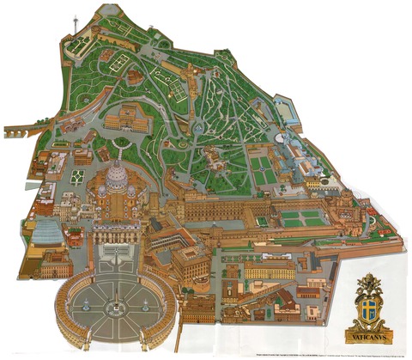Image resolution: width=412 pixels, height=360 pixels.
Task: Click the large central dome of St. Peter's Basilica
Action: point(116,180)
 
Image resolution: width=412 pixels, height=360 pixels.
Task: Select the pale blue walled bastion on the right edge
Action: point(287,113)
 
